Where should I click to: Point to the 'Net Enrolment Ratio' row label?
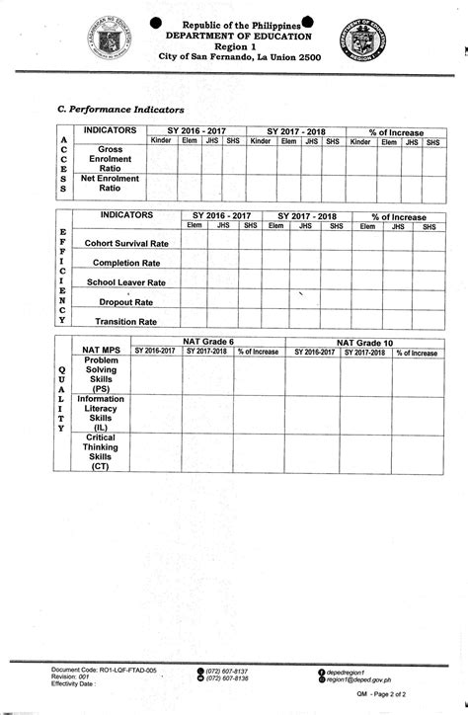(x=110, y=184)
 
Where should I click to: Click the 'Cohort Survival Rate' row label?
(x=126, y=243)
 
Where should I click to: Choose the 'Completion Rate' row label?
(x=125, y=263)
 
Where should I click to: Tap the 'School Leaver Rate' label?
(x=126, y=282)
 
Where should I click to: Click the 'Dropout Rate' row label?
(x=126, y=302)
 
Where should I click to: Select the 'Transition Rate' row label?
(x=125, y=322)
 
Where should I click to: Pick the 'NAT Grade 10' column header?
(x=365, y=343)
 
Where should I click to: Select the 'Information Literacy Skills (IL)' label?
(x=101, y=414)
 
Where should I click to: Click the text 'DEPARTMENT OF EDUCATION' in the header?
(x=228, y=34)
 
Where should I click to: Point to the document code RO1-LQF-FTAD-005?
(x=104, y=670)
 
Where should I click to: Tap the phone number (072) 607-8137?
(x=227, y=671)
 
